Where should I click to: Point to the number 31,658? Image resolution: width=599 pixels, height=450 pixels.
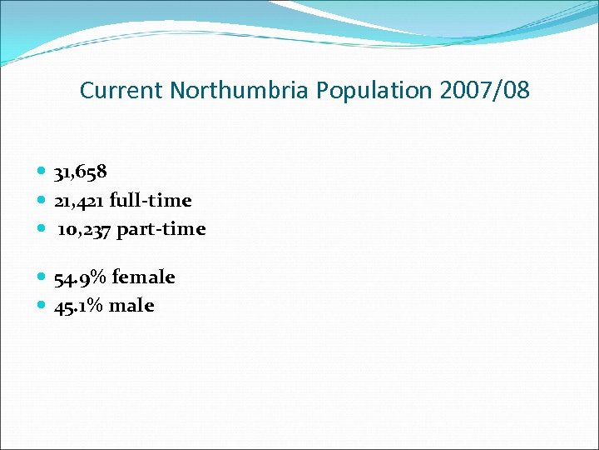(80, 172)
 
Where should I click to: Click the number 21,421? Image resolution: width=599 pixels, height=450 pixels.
(79, 201)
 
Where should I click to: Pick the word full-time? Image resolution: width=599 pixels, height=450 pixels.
(151, 201)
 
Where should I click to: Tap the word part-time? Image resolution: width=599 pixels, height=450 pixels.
(161, 229)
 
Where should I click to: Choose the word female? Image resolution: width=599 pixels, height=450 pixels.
(144, 277)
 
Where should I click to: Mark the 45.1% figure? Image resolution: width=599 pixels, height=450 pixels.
(80, 306)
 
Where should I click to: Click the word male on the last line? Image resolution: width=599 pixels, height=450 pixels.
(132, 306)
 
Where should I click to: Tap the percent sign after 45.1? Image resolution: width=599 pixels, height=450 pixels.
(97, 306)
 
